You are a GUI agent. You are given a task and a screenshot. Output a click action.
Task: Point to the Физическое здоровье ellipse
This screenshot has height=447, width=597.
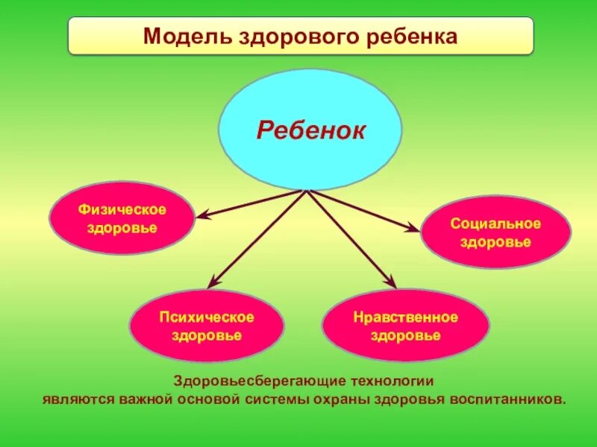click(x=122, y=218)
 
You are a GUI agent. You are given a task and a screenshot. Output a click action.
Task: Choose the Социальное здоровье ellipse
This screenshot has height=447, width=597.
click(x=496, y=232)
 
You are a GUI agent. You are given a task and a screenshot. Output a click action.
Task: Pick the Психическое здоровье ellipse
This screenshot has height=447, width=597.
click(x=207, y=326)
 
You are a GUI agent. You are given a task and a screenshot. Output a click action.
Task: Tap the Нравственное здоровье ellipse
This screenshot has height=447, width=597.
click(x=405, y=326)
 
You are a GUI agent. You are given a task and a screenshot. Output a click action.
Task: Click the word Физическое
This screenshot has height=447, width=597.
click(x=122, y=209)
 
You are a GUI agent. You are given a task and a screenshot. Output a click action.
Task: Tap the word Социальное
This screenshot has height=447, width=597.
click(x=496, y=223)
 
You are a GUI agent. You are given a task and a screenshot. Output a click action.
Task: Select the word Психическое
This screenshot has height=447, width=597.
click(x=207, y=317)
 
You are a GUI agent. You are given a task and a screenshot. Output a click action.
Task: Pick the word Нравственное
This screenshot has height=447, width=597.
click(x=405, y=317)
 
